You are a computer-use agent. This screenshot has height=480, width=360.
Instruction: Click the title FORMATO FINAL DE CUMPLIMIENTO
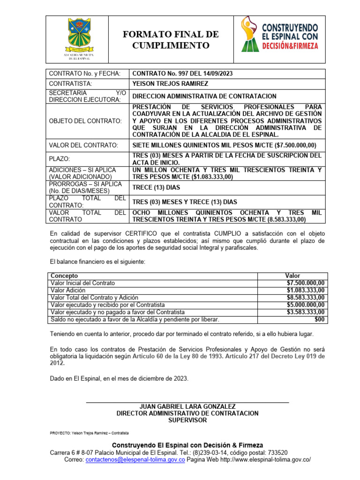(x=170, y=40)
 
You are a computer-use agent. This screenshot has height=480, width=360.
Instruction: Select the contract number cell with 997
(x=183, y=74)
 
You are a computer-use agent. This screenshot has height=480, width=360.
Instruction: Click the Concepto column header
(x=64, y=276)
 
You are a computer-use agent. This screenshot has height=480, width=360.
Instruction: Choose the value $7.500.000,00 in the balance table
(x=306, y=283)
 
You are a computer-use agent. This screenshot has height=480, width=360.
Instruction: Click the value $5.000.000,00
(x=306, y=305)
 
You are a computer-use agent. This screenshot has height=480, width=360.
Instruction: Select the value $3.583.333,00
(x=306, y=312)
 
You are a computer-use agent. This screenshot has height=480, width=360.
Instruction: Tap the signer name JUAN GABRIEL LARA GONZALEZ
(x=187, y=406)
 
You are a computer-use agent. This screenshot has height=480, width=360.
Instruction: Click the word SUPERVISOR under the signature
(x=187, y=420)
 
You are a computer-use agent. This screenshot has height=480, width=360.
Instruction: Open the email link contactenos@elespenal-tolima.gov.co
(x=135, y=460)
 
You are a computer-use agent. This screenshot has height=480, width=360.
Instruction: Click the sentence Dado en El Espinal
(x=119, y=378)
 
